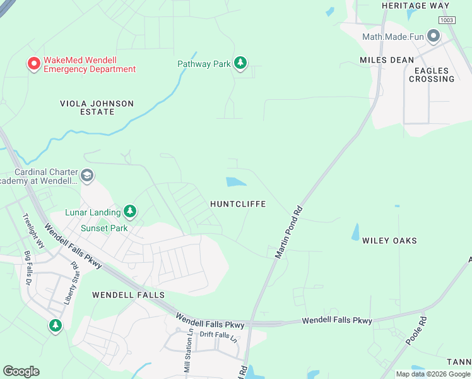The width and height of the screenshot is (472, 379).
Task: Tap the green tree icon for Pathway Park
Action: [240, 63]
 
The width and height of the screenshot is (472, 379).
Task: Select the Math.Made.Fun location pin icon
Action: [433, 36]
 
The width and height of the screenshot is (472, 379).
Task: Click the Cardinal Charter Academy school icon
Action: [86, 176]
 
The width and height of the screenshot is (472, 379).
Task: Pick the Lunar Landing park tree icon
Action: [130, 212]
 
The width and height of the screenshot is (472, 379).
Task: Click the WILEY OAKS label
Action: [389, 241]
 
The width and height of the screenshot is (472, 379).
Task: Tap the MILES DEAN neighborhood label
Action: [387, 60]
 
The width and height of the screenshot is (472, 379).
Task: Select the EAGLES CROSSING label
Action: [432, 75]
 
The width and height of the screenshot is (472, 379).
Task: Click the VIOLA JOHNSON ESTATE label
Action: [97, 107]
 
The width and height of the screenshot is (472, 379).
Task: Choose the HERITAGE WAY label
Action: [415, 6]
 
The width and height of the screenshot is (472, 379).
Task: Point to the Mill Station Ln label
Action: [188, 354]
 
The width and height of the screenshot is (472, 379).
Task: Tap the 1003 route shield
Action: [447, 20]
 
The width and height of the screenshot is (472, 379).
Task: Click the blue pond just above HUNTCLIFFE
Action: [236, 182]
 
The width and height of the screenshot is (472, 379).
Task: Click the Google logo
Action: [21, 371]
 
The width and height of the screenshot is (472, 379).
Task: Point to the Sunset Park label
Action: [104, 229]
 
